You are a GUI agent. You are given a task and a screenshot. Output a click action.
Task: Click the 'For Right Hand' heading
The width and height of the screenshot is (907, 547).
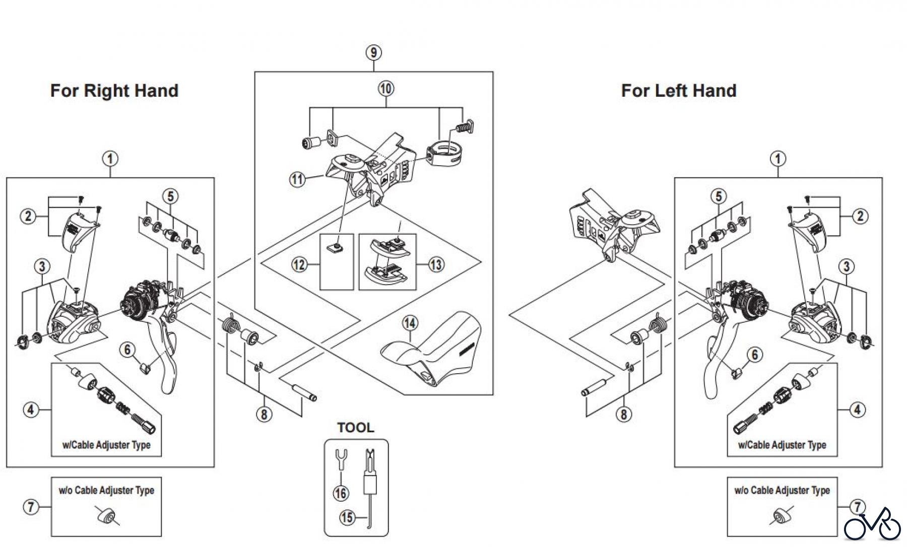click(114, 91)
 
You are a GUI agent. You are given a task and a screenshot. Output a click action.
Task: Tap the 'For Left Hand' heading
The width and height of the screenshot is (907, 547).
click(678, 91)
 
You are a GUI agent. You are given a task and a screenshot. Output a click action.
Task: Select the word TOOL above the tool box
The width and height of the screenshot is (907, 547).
click(355, 428)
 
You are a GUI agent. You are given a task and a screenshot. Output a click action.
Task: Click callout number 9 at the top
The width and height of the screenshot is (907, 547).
click(373, 53)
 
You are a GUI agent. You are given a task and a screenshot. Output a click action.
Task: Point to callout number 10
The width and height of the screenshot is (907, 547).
click(385, 89)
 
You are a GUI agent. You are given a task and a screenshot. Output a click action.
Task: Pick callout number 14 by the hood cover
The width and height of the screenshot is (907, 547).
click(410, 323)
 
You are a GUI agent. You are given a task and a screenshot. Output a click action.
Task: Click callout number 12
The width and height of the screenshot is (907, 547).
click(299, 264)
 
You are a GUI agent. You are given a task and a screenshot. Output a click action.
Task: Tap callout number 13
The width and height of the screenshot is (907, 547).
click(436, 264)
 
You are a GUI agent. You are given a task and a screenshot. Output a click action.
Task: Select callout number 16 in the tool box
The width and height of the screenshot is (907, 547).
click(341, 493)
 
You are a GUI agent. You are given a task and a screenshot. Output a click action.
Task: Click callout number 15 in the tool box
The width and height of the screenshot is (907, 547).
click(347, 517)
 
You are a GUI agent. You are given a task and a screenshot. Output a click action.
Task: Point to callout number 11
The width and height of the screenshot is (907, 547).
click(298, 179)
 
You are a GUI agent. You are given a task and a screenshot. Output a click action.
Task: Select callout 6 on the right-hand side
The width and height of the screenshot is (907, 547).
click(127, 349)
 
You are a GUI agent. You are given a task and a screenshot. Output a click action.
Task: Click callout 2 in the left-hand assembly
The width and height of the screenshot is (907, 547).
click(860, 216)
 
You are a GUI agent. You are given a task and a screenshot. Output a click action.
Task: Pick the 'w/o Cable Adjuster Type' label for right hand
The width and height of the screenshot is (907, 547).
click(106, 491)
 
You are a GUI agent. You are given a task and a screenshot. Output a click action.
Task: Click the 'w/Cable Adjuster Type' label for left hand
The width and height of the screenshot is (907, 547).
click(782, 445)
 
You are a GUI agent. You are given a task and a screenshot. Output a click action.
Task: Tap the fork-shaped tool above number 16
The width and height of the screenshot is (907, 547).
click(341, 459)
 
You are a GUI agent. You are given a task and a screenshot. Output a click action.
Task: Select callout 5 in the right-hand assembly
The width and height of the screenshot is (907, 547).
click(170, 196)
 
